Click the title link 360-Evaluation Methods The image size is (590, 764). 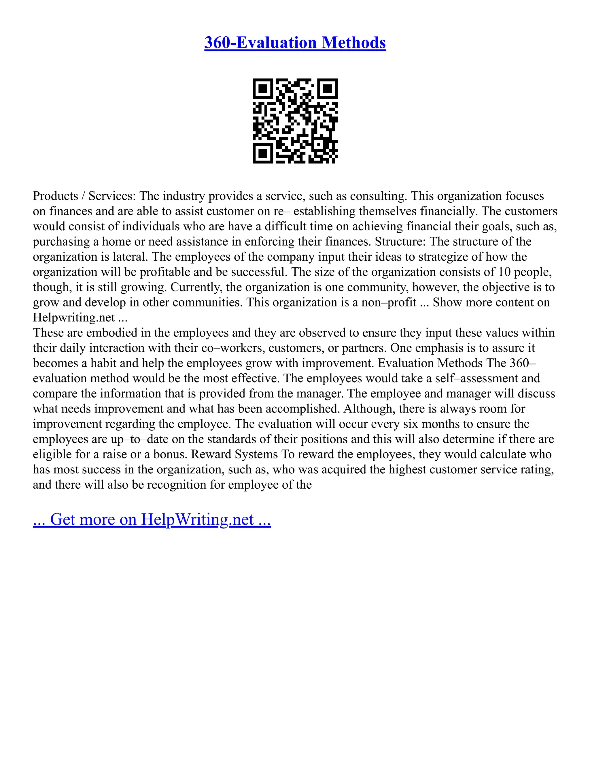click(x=295, y=43)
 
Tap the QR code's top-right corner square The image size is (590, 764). click(x=328, y=89)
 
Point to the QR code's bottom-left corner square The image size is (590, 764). click(x=262, y=153)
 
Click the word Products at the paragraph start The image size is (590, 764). click(x=55, y=196)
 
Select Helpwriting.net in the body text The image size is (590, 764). click(x=74, y=318)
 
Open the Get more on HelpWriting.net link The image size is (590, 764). click(x=152, y=520)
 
